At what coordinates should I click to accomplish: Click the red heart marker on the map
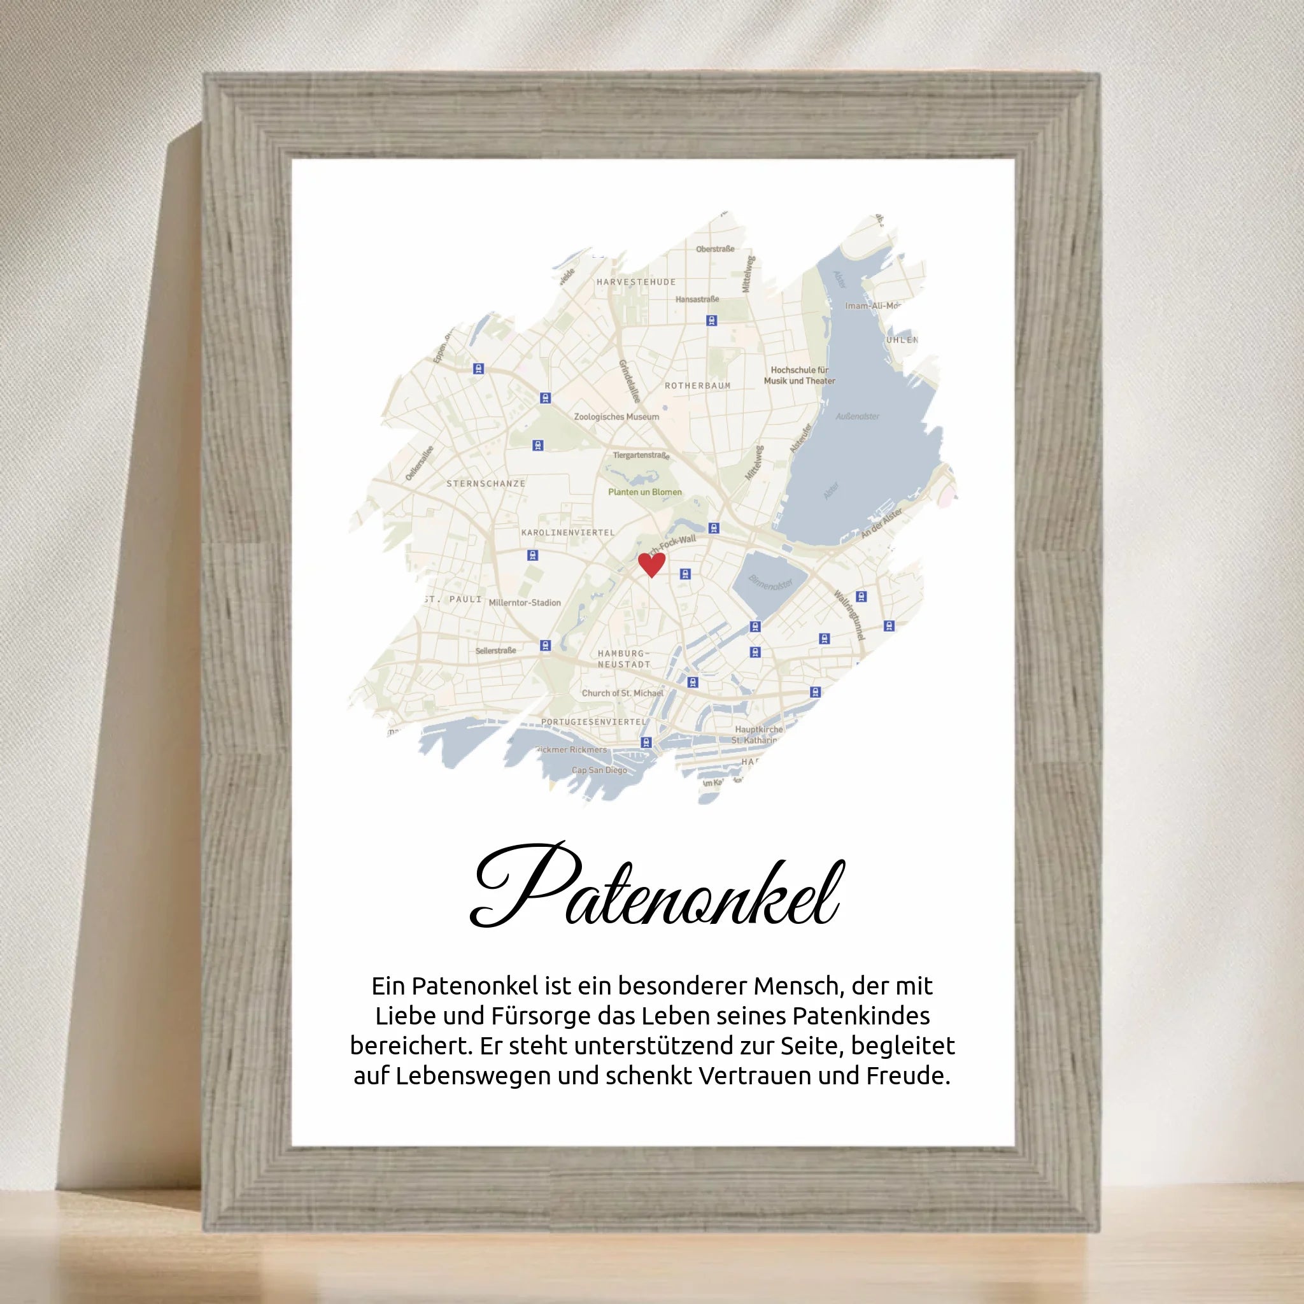coord(651,564)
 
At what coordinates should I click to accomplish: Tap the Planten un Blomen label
coord(644,492)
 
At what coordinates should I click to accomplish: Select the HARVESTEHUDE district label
coord(636,282)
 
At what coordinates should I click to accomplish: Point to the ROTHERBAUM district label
coord(697,385)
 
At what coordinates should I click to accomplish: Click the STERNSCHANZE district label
coord(485,483)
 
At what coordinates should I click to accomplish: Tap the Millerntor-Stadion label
coord(525,603)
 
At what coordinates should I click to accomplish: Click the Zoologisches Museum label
coord(616,416)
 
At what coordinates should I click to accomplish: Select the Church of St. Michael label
coord(622,693)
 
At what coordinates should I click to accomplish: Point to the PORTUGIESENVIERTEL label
coord(594,721)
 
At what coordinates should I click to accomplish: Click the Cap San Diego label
coord(599,770)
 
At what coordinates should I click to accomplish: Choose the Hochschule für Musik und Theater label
coord(799,375)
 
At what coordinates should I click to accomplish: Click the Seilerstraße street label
coord(495,651)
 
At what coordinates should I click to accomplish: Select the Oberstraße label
coord(715,249)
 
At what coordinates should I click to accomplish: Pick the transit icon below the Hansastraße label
coord(711,321)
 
